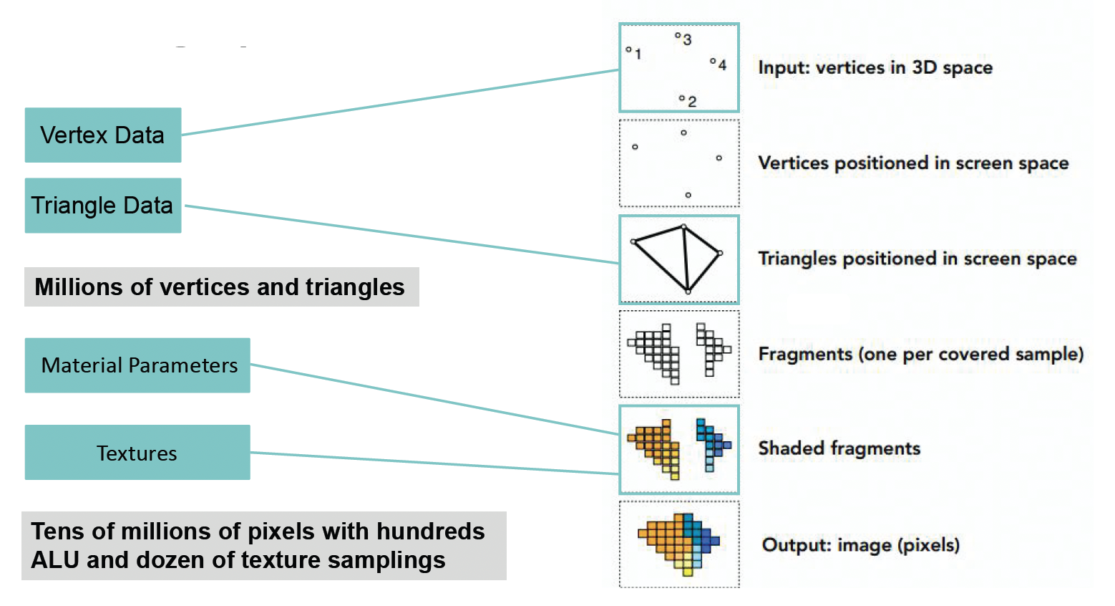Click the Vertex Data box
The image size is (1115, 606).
pyautogui.click(x=102, y=135)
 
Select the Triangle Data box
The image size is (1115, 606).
pyautogui.click(x=102, y=206)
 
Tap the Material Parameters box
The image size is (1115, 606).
pyautogui.click(x=137, y=365)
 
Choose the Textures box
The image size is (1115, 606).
pyautogui.click(x=137, y=453)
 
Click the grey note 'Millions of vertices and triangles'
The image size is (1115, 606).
pyautogui.click(x=221, y=287)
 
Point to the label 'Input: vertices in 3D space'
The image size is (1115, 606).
pyautogui.click(x=875, y=68)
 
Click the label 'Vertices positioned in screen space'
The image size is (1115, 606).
pyautogui.click(x=913, y=163)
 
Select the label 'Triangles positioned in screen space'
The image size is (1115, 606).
pyautogui.click(x=917, y=259)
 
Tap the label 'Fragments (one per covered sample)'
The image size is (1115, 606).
pyautogui.click(x=921, y=354)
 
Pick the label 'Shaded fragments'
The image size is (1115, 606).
pyautogui.click(x=839, y=448)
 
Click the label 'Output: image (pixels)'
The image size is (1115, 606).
pyautogui.click(x=861, y=545)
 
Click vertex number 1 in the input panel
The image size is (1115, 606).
pyautogui.click(x=628, y=50)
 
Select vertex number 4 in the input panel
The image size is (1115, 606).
pyautogui.click(x=713, y=62)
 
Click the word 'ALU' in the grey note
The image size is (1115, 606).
pyautogui.click(x=55, y=560)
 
